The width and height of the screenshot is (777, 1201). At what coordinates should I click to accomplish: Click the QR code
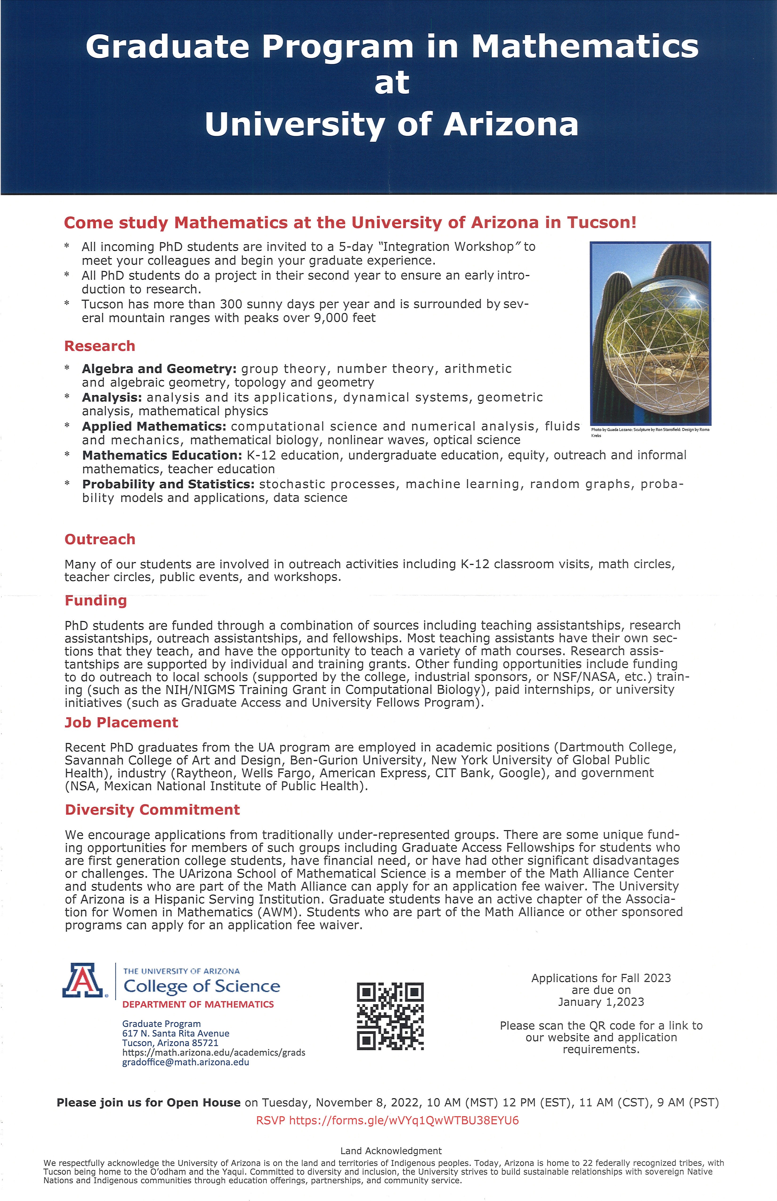coord(390,1016)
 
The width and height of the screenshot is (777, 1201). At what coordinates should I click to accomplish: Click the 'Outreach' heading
coord(100,540)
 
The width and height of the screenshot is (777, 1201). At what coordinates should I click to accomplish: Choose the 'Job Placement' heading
coord(121,723)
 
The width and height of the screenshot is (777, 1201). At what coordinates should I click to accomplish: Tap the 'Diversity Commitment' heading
coord(152,810)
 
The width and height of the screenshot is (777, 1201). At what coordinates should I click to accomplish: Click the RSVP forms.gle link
coord(388,1121)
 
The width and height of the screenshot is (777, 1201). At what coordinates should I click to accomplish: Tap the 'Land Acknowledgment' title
coord(391,1151)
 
